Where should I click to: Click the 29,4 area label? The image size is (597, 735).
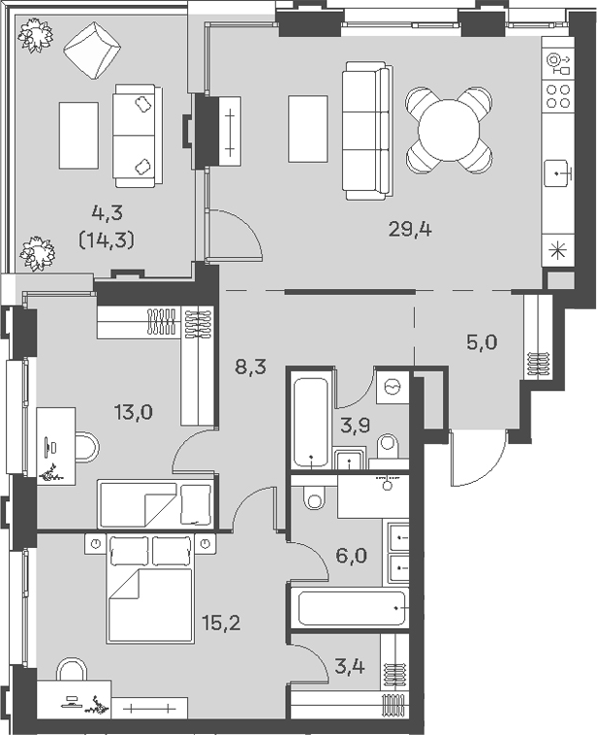(410, 230)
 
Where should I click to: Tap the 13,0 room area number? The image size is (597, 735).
(134, 413)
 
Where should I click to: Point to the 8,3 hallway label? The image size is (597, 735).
(250, 367)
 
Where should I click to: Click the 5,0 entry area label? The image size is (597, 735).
(482, 342)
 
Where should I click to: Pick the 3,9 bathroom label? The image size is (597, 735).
(356, 425)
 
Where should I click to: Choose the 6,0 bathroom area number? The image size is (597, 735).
(351, 556)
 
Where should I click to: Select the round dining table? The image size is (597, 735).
(450, 130)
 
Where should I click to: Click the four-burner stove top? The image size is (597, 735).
(558, 96)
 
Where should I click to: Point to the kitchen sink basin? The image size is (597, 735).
(557, 174)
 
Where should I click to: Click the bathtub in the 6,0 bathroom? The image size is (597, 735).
(352, 608)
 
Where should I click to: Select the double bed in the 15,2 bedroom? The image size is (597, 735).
(151, 588)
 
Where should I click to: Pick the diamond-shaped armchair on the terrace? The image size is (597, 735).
(92, 50)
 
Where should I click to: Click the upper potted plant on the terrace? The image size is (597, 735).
(36, 35)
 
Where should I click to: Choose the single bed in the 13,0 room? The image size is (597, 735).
(156, 504)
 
